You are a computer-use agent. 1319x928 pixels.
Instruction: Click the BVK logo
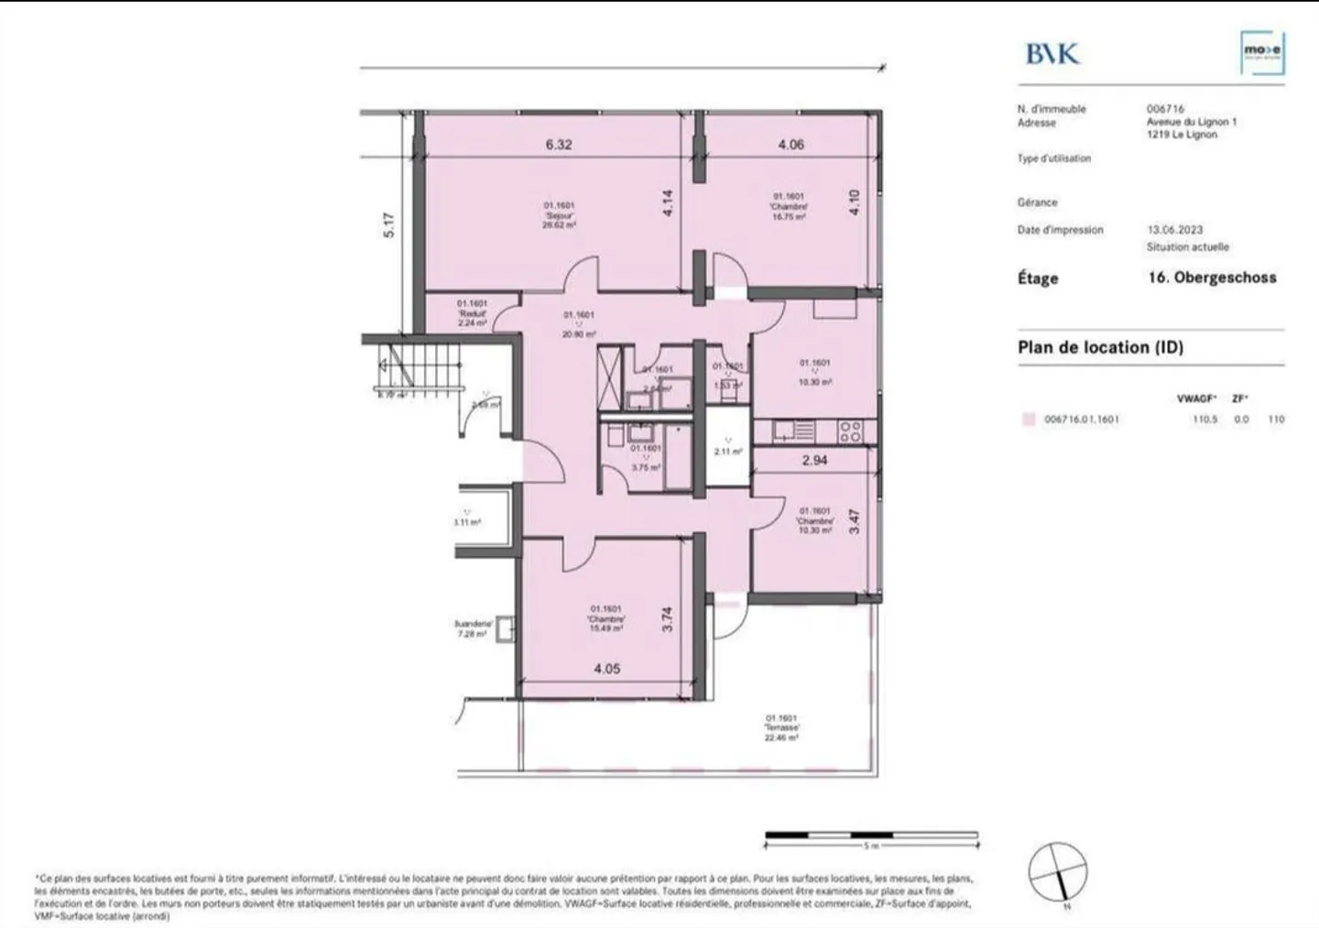(1052, 53)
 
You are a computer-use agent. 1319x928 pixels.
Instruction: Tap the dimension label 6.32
(559, 145)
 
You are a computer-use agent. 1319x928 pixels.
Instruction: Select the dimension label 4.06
(790, 145)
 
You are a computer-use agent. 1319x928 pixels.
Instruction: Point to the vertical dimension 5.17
(388, 225)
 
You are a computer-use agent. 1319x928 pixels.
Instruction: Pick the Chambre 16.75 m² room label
(789, 207)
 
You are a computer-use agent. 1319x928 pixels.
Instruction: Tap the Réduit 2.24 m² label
(472, 312)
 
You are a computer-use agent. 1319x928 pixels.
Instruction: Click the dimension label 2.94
(814, 461)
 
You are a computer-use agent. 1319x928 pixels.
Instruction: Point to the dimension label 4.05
(606, 669)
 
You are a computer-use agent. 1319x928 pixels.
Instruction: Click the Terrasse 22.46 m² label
(781, 727)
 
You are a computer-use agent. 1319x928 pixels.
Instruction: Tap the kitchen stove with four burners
(850, 431)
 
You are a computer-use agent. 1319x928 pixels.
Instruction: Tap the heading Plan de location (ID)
(1100, 348)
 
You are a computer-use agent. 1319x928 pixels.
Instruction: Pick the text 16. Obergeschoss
(1212, 278)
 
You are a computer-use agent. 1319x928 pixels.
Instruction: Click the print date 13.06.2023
(1175, 230)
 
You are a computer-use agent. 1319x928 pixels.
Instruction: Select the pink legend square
(1028, 420)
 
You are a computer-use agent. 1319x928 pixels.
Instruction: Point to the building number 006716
(1165, 109)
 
